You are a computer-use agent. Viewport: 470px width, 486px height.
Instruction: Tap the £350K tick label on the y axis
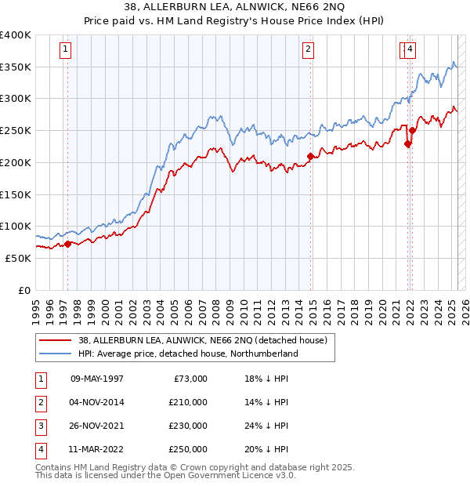(x=16, y=67)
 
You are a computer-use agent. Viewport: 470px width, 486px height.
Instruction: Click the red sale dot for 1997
(x=67, y=244)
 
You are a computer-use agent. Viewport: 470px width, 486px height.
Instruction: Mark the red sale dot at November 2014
(x=310, y=157)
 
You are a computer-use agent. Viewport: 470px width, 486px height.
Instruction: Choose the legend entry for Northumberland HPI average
(x=188, y=354)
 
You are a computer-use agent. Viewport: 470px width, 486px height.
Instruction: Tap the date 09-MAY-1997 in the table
(x=97, y=379)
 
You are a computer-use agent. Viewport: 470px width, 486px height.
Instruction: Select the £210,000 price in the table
(x=188, y=402)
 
